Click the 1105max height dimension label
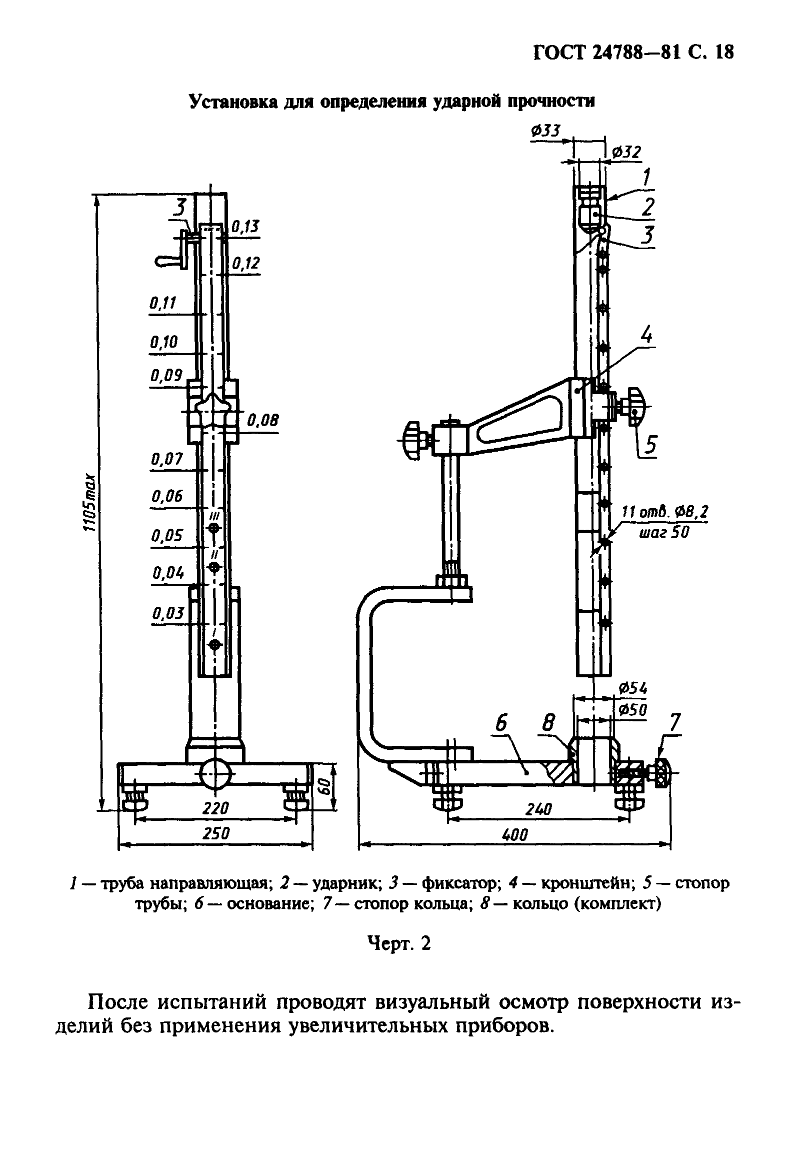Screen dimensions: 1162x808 (90, 503)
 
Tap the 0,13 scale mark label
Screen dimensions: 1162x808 (245, 227)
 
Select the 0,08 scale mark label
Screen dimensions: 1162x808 (262, 420)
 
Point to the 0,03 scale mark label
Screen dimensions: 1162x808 (168, 613)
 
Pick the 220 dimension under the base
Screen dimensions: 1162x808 (216, 808)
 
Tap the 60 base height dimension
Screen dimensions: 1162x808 (325, 785)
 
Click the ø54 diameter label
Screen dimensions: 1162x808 (633, 688)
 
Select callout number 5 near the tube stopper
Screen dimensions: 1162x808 (650, 444)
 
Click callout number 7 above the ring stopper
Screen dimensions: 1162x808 (675, 722)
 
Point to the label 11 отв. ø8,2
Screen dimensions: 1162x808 (664, 512)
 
